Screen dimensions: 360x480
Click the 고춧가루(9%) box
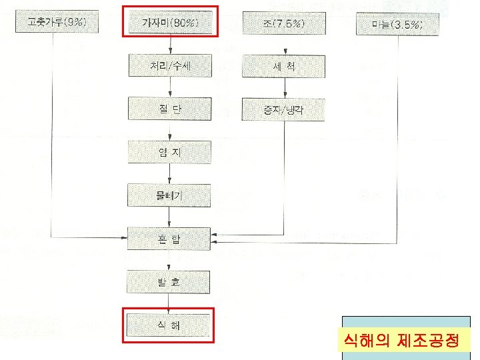tap(57, 24)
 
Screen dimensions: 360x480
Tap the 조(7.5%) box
tap(285, 24)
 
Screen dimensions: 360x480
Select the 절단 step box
tap(171, 109)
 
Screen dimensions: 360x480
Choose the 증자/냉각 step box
tap(285, 109)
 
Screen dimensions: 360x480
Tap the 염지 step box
tap(171, 152)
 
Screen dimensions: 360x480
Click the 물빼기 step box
tap(171, 195)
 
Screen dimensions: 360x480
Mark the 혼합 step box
tap(171, 238)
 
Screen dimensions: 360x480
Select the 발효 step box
tap(171, 283)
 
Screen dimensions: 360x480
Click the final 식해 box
tap(171, 326)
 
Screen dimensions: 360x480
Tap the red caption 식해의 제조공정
tap(407, 341)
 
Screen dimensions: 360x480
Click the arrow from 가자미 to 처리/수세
tap(171, 45)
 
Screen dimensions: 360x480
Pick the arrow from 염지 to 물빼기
tap(171, 173)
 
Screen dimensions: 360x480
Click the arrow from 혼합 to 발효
tap(171, 261)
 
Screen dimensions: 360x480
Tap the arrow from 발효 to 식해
tap(171, 304)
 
